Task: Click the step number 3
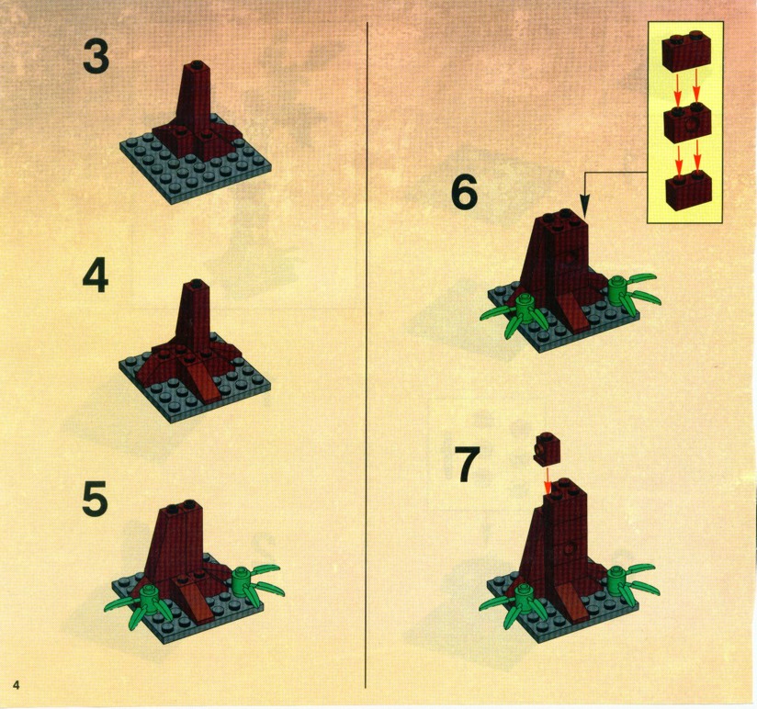(x=96, y=56)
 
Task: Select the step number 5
(x=95, y=500)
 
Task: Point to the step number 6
(x=465, y=192)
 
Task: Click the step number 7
(x=468, y=465)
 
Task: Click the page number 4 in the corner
(x=17, y=685)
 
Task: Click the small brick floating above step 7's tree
(x=548, y=447)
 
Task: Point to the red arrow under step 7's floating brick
(x=548, y=478)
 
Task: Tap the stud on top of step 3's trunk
(x=196, y=63)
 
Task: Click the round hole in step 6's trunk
(x=572, y=257)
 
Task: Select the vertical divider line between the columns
(x=367, y=354)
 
